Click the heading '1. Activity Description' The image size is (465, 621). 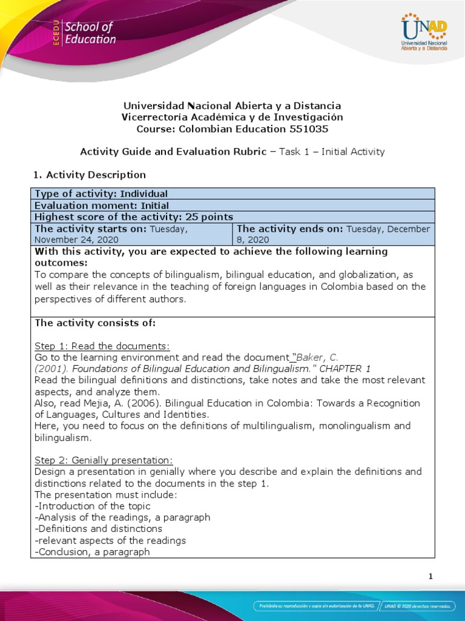(x=89, y=175)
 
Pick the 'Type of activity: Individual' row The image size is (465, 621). (x=101, y=193)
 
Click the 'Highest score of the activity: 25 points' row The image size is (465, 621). (x=134, y=217)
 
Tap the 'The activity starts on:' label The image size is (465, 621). (x=91, y=229)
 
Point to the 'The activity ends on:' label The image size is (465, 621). (x=289, y=229)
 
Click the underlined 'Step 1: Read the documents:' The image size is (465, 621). (x=102, y=346)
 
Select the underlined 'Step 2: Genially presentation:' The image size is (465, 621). (x=104, y=460)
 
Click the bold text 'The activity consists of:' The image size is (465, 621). (x=95, y=323)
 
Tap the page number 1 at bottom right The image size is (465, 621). (x=430, y=576)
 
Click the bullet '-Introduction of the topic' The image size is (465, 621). (x=93, y=506)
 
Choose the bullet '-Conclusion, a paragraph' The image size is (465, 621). (x=92, y=552)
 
